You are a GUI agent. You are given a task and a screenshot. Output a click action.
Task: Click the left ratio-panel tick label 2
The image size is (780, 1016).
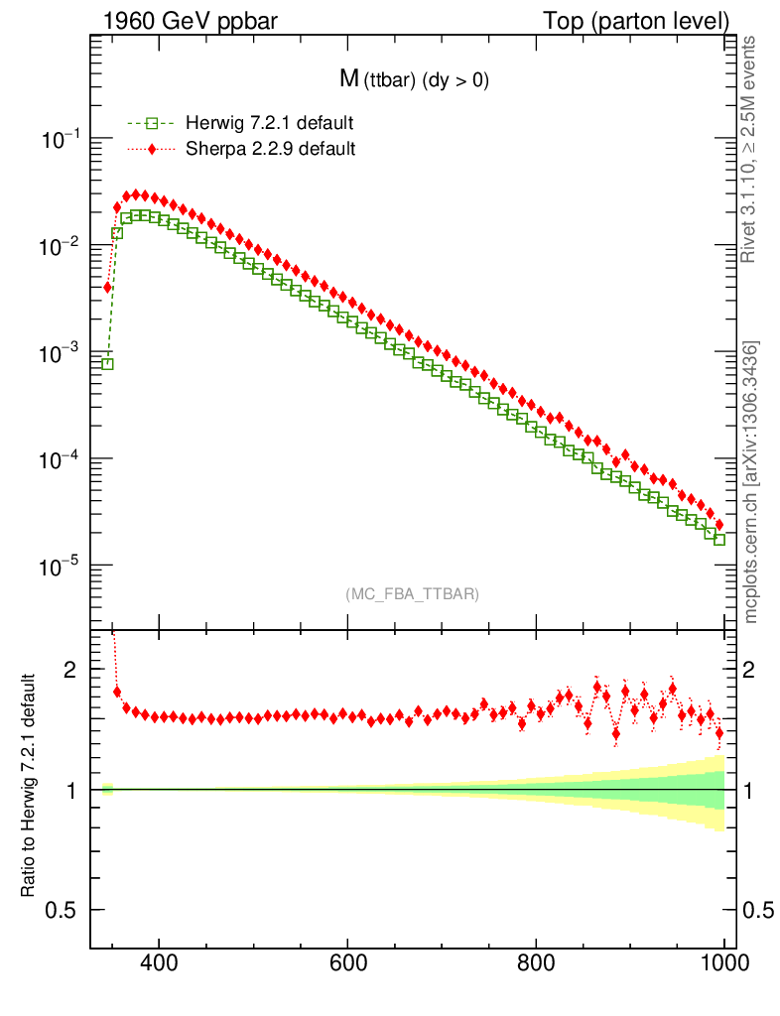coord(68,670)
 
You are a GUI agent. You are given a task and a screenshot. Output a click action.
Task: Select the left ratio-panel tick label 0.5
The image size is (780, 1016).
coord(61,910)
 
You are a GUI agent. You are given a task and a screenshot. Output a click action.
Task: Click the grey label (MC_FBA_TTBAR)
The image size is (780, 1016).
coord(413,594)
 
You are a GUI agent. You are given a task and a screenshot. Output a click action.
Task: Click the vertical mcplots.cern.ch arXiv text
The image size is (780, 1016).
coord(751,482)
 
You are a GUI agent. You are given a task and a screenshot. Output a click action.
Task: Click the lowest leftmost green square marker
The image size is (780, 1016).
coord(107,364)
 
